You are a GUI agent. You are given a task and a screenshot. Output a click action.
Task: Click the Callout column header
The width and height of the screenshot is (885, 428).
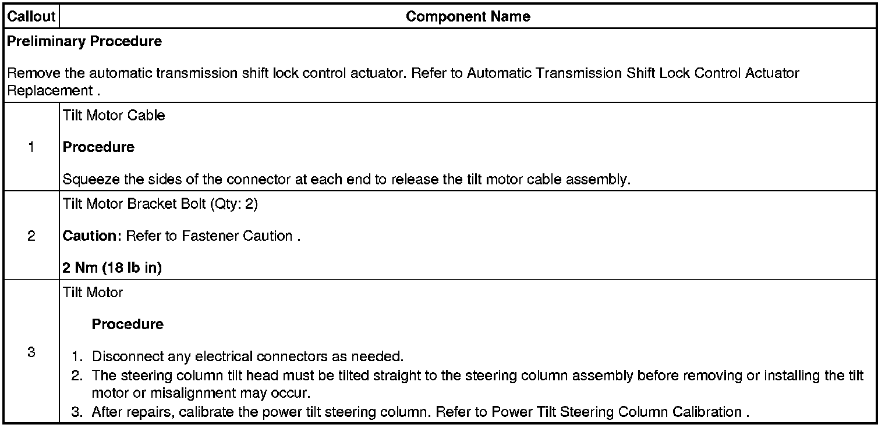[31, 16]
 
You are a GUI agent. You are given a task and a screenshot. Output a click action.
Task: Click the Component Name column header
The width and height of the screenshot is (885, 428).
[468, 16]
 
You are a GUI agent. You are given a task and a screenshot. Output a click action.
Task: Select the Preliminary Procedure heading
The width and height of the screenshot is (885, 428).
[84, 41]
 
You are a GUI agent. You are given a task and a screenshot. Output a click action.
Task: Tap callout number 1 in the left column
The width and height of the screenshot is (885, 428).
[31, 147]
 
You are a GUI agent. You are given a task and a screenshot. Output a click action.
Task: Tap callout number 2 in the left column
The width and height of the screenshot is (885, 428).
[31, 236]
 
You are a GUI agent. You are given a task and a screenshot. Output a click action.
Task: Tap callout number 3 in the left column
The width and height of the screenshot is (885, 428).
[31, 352]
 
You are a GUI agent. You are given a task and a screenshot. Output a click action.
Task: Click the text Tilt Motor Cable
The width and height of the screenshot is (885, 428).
[114, 115]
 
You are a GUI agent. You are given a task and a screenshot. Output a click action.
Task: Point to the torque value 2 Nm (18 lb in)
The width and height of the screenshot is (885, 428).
[112, 267]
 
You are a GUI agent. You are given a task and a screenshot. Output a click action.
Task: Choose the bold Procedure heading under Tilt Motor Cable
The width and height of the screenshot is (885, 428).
[98, 147]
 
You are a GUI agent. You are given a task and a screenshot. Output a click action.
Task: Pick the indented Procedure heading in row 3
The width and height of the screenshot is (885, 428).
[128, 324]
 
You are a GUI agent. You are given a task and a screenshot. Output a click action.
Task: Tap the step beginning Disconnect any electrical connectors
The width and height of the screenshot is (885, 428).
[247, 356]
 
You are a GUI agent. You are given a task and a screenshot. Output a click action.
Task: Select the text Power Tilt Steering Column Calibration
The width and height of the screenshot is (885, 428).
[616, 412]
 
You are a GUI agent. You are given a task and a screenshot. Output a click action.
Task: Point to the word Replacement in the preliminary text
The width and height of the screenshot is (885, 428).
[49, 91]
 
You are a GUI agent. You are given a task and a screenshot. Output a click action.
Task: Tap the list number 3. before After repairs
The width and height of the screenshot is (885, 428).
[78, 412]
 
